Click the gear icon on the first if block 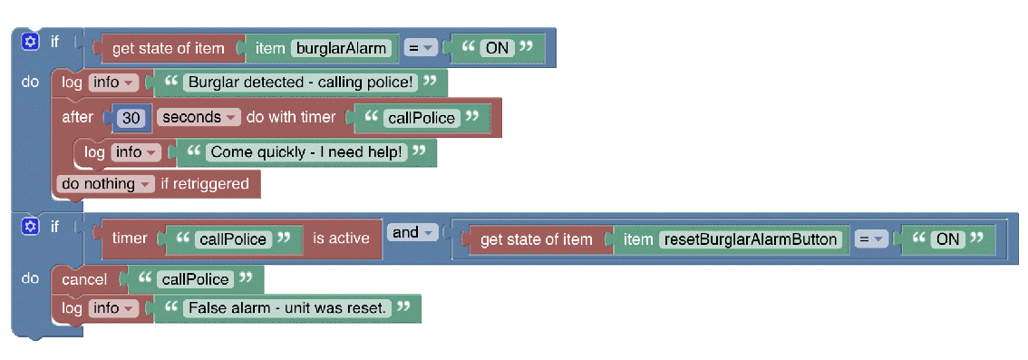pos(31,42)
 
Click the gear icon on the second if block pos(31,226)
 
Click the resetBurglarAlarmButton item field pos(752,239)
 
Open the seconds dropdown pos(199,118)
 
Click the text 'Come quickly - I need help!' pos(306,152)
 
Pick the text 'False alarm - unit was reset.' pos(287,308)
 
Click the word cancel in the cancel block pos(83,279)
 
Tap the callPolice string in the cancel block pos(194,279)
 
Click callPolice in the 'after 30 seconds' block pos(421,118)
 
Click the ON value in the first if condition pos(497,48)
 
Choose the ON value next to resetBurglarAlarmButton pos(948,239)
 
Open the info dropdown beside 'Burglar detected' pos(112,83)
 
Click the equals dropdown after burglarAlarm pos(422,48)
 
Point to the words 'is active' pos(341,238)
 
